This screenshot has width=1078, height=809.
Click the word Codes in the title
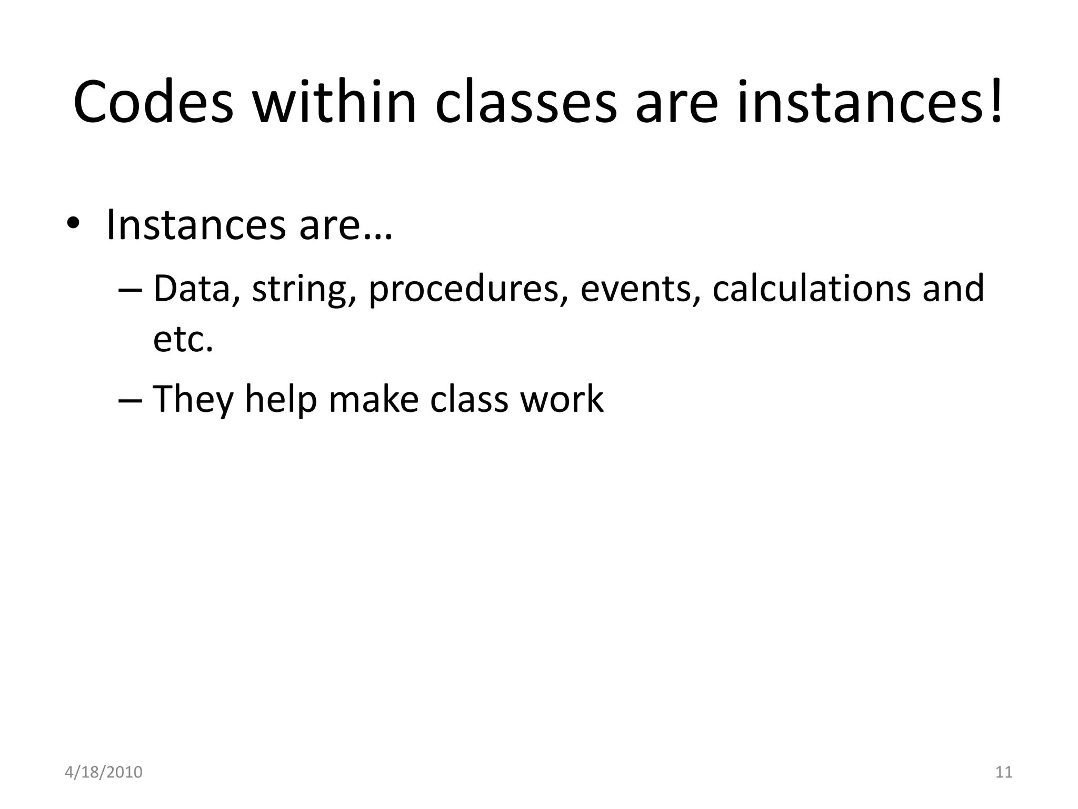pos(153,103)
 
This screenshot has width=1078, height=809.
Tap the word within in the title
pos(335,103)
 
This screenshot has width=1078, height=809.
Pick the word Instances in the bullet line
pos(195,225)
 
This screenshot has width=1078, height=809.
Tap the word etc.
pos(183,340)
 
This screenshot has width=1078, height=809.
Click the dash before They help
pos(130,399)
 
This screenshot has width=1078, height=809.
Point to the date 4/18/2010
pos(103,772)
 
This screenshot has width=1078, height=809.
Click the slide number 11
pos(1004,772)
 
